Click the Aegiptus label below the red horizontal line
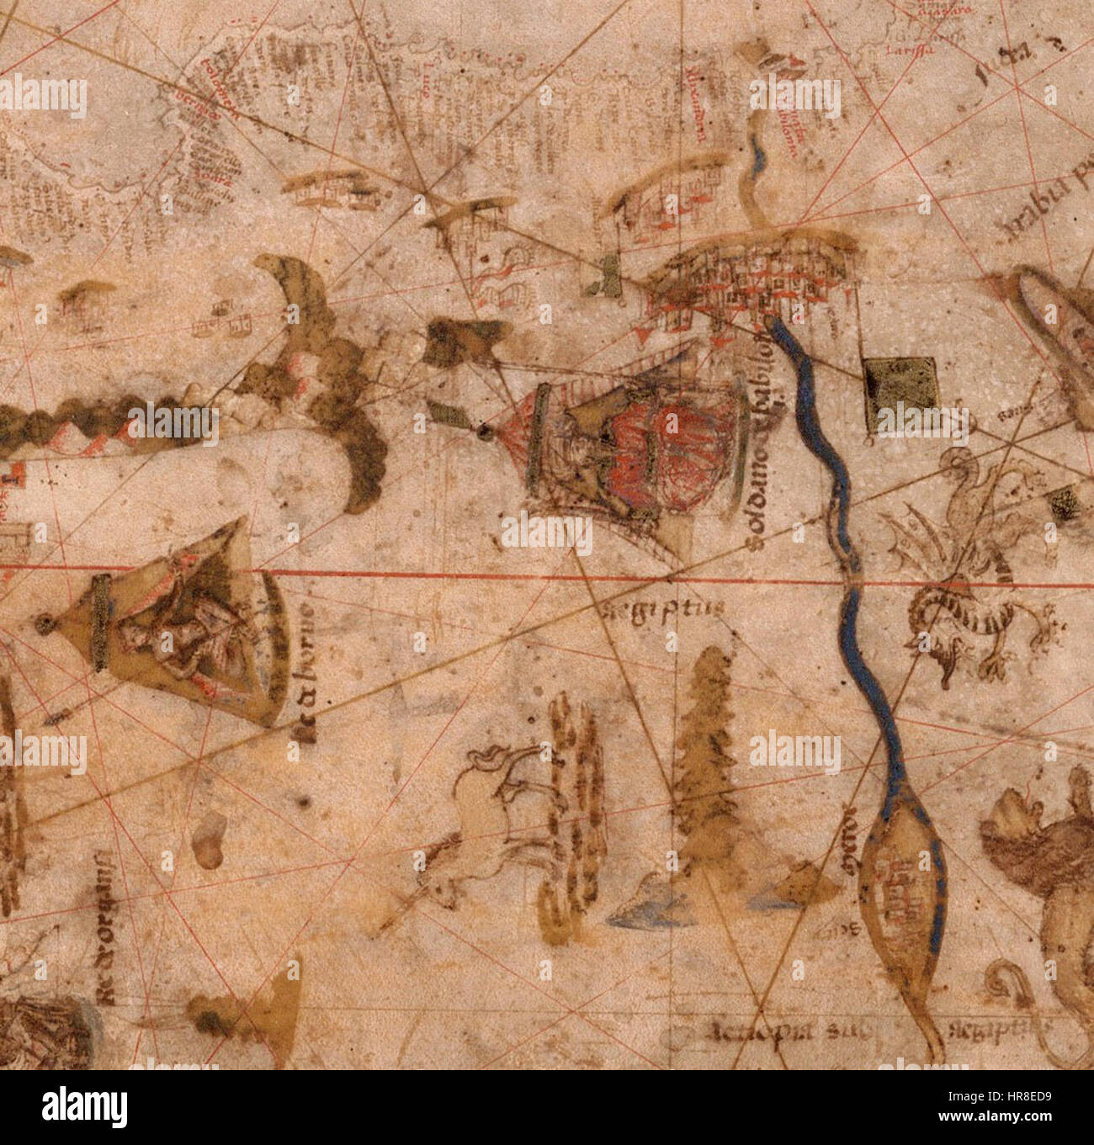pos(656,608)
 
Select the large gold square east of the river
pos(900,384)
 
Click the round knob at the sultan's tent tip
pos(484,432)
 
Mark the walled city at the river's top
pos(749,278)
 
